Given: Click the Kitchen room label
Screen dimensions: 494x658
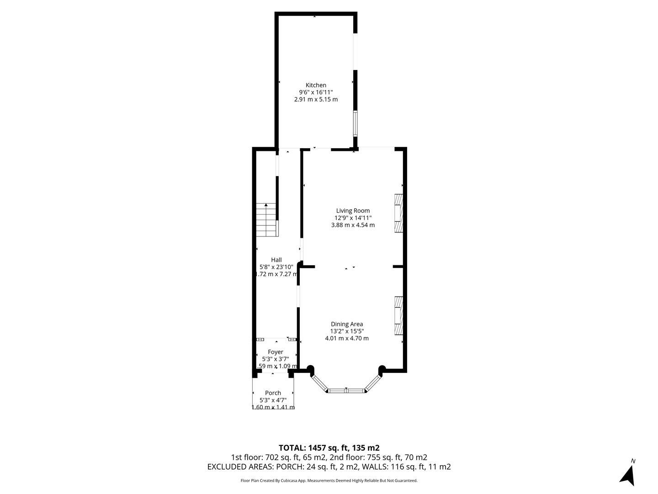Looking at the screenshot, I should pos(316,85).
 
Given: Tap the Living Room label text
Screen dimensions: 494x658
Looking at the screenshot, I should pos(353,211).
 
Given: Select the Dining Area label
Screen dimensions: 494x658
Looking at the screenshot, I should pos(347,324).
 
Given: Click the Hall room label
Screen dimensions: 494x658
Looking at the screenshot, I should pos(276,260).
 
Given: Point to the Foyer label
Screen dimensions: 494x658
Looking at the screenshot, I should pos(276,352).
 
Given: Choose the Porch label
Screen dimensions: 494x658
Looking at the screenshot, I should pos(273,393).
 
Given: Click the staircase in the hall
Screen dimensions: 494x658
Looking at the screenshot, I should pos(266,220).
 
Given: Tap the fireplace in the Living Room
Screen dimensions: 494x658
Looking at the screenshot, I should pos(399,213).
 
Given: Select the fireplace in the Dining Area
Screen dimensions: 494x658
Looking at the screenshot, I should pos(399,316).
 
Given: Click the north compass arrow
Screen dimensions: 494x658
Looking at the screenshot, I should pos(628,474).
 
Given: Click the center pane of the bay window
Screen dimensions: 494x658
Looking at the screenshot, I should pos(346,391).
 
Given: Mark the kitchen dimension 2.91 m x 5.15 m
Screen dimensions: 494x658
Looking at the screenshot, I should pos(316,99).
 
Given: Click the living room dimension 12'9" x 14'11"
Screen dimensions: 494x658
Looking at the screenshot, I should pos(353,218).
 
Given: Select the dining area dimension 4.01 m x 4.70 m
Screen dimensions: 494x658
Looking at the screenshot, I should pos(347,338).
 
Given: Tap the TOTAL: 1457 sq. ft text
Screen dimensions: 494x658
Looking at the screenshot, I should pos(329,448).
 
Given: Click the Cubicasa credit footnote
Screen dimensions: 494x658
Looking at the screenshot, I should pos(329,481).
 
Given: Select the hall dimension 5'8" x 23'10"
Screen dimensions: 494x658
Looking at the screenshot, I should pos(276,267).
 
